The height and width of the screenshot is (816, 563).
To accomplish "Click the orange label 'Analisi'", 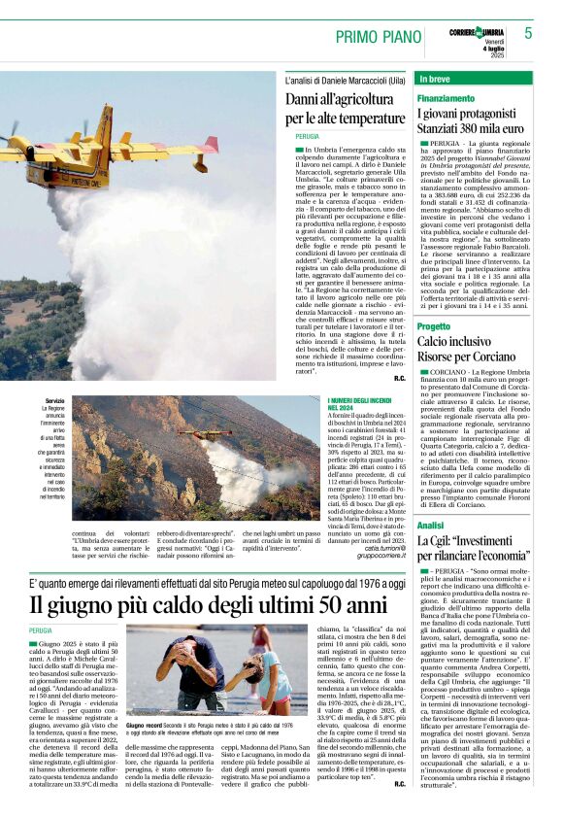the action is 430,525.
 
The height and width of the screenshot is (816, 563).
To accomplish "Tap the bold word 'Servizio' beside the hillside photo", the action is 55,401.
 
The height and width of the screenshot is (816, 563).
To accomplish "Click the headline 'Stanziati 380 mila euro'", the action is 470,127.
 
